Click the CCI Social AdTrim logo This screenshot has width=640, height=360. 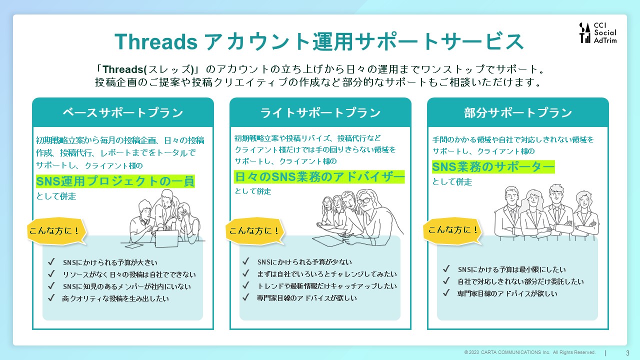pyautogui.click(x=598, y=33)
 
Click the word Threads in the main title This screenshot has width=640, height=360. pyautogui.click(x=156, y=41)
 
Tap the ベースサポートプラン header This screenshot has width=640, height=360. pyautogui.click(x=123, y=112)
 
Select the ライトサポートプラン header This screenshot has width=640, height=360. pyautogui.click(x=320, y=112)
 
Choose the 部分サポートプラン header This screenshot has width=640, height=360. pyautogui.click(x=517, y=112)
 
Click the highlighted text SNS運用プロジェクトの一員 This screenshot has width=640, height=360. pyautogui.click(x=115, y=181)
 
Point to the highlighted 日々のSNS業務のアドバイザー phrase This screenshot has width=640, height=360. pyautogui.click(x=319, y=177)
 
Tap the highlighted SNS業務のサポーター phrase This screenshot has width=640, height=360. pyautogui.click(x=493, y=167)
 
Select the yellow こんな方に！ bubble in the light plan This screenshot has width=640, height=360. pyautogui.click(x=255, y=231)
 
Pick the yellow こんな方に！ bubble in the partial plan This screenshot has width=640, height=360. pyautogui.click(x=452, y=230)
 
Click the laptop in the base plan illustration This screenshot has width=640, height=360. pyautogui.click(x=167, y=238)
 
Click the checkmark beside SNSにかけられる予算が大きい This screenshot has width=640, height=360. pyautogui.click(x=51, y=261)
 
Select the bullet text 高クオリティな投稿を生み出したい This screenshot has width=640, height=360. pyautogui.click(x=115, y=298)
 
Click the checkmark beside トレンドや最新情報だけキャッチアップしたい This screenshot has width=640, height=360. pyautogui.click(x=245, y=285)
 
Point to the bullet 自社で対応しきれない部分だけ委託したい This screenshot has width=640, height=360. pyautogui.click(x=520, y=281)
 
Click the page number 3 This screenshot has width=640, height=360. pyautogui.click(x=627, y=353)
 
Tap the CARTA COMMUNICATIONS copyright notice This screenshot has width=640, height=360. pyautogui.click(x=530, y=352)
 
